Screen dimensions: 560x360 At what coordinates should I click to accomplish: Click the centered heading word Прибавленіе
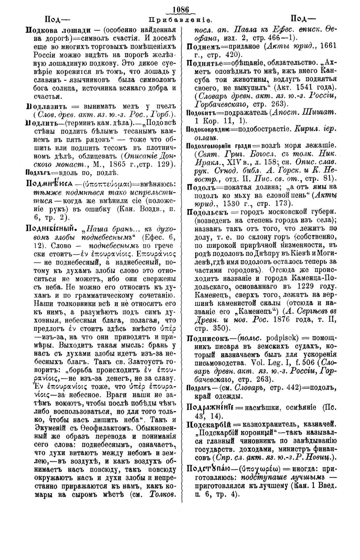[x=180, y=19]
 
